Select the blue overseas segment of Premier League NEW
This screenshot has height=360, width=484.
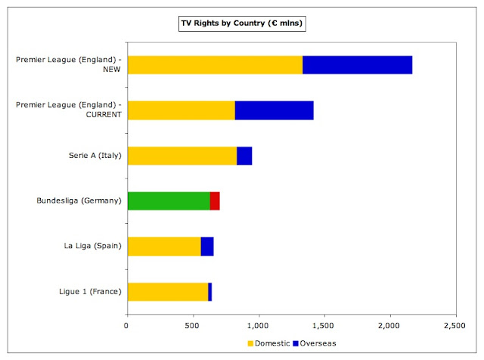click(x=357, y=65)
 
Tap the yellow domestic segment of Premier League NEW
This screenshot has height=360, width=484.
click(x=215, y=65)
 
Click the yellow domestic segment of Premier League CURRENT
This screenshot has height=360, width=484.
click(x=181, y=110)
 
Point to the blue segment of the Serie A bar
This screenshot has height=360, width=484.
click(x=244, y=156)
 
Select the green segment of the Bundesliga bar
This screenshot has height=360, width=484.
click(x=168, y=201)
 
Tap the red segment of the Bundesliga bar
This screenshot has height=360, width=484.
click(x=215, y=201)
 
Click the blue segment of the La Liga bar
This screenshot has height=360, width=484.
click(x=207, y=247)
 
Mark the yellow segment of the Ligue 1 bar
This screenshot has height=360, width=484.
click(x=167, y=292)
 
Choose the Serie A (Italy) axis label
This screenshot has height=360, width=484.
click(x=95, y=156)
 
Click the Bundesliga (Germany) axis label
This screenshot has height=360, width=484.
click(x=79, y=201)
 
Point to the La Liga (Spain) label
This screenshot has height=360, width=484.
click(x=92, y=247)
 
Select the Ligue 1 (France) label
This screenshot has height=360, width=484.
click(x=92, y=292)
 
